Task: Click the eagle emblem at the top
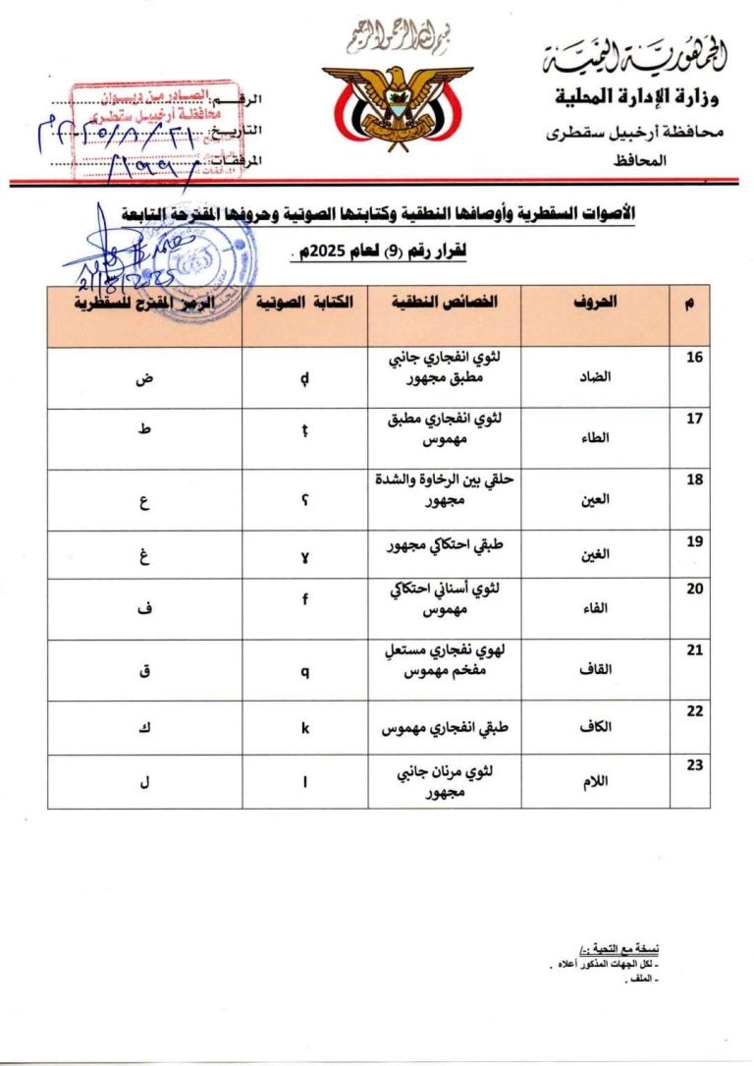pyautogui.click(x=398, y=103)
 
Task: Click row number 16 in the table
pyautogui.click(x=694, y=358)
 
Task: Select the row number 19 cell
pyautogui.click(x=694, y=540)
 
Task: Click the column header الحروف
pyautogui.click(x=595, y=304)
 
